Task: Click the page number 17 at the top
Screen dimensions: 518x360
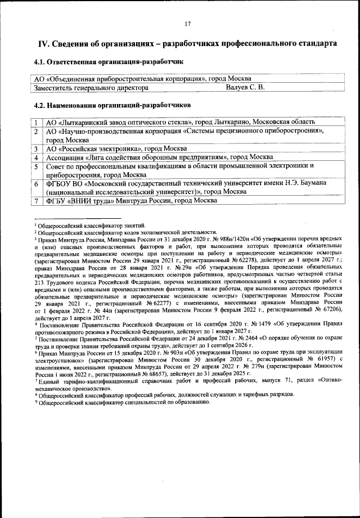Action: pyautogui.click(x=188, y=24)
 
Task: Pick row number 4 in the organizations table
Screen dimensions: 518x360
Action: pyautogui.click(x=36, y=157)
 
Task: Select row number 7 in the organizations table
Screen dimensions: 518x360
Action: pyautogui.click(x=36, y=201)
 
